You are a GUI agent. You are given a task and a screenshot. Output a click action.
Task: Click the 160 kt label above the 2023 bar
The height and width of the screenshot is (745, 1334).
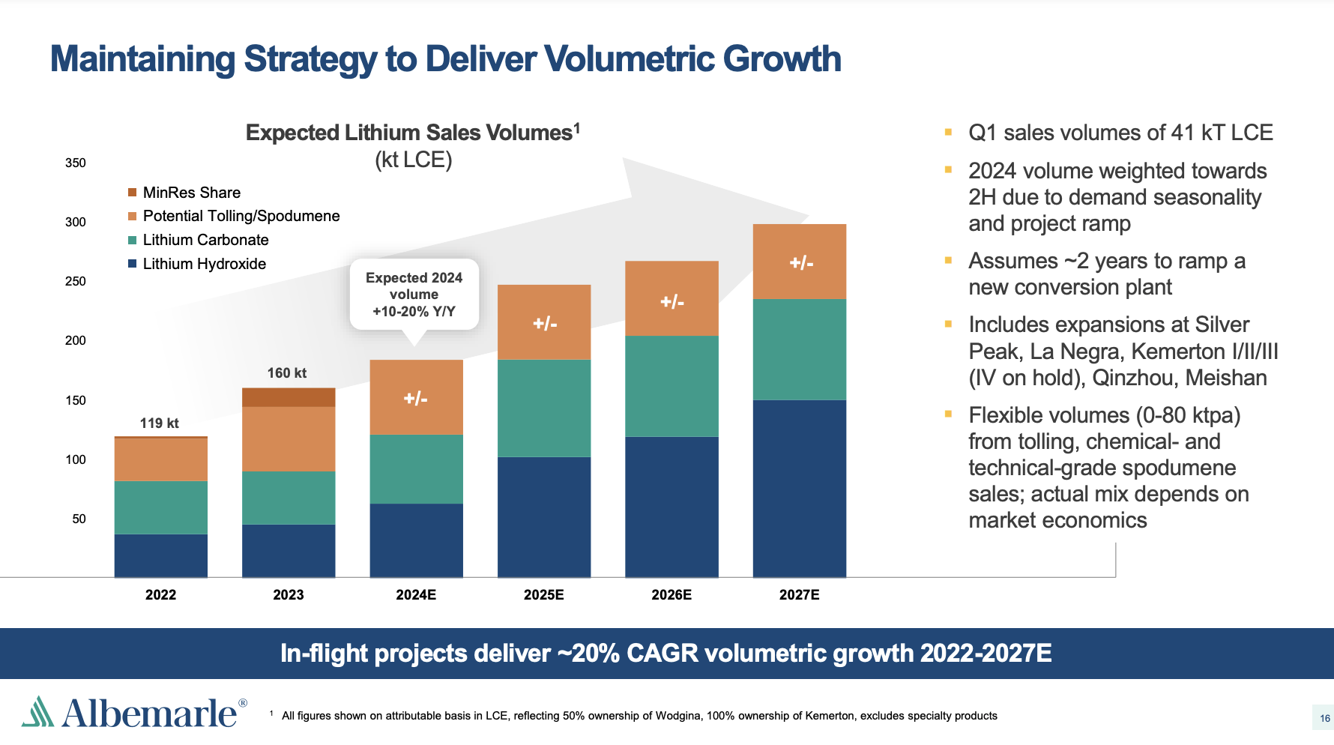[287, 373]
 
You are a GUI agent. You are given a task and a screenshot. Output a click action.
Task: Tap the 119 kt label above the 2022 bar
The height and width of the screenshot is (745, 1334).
[159, 423]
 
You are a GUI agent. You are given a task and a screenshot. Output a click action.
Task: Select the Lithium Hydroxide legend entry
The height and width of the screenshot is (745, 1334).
[204, 264]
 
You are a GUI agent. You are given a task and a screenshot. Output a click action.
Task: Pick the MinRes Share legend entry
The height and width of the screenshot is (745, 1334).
[191, 193]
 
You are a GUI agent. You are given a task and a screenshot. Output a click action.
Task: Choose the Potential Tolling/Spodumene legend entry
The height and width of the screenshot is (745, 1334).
[241, 216]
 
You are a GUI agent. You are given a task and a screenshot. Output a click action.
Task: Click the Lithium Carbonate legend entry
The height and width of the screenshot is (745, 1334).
[205, 240]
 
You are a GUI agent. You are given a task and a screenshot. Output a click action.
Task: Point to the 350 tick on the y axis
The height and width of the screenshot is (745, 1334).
[76, 163]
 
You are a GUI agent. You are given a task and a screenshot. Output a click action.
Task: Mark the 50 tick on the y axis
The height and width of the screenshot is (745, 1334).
[79, 519]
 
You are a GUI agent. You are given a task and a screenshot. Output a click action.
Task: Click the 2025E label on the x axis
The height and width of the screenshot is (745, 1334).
[543, 595]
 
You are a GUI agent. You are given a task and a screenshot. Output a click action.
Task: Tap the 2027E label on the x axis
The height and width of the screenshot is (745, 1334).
[799, 595]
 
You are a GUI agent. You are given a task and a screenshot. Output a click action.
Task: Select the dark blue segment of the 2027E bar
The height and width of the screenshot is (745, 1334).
[799, 487]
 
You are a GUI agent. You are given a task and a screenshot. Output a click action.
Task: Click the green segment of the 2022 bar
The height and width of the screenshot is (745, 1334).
[160, 507]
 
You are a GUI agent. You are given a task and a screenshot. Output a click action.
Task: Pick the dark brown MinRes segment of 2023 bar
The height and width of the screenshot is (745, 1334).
[289, 397]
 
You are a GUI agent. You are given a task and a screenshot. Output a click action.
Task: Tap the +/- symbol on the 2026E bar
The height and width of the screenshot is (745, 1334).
[671, 302]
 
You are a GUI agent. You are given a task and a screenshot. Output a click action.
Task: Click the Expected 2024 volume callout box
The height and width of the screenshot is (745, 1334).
[414, 295]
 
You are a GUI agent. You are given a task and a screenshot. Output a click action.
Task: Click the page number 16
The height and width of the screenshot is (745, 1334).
[1324, 718]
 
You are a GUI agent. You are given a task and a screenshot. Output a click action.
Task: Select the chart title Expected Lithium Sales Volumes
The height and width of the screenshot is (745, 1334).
[412, 133]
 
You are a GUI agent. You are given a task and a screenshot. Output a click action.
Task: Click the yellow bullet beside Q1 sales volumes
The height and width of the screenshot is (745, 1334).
[948, 133]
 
